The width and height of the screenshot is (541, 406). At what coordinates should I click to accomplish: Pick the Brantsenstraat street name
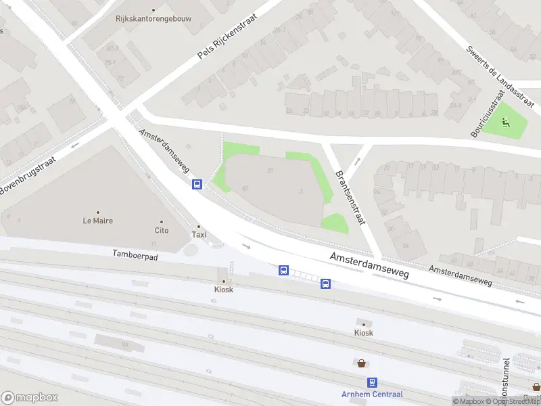pyautogui.click(x=350, y=197)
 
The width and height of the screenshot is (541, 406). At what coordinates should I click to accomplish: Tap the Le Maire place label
pyautogui.click(x=97, y=221)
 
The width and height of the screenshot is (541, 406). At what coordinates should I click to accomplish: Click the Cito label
pyautogui.click(x=161, y=230)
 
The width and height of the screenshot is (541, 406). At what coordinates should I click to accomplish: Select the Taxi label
pyautogui.click(x=199, y=235)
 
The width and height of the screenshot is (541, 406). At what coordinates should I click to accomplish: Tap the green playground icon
pyautogui.click(x=507, y=123)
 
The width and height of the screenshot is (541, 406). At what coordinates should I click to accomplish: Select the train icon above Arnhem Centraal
pyautogui.click(x=372, y=382)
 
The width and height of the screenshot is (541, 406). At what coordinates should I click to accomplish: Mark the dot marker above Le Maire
pyautogui.click(x=97, y=212)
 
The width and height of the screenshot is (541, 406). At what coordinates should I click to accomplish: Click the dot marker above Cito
pyautogui.click(x=161, y=221)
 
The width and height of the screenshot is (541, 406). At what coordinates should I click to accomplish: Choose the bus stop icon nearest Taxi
pyautogui.click(x=197, y=184)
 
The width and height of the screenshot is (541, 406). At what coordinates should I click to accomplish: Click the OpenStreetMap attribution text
pyautogui.click(x=513, y=402)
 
